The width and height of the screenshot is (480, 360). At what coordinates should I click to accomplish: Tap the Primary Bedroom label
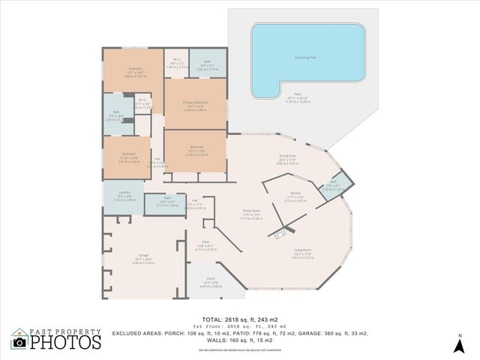pos(195,102)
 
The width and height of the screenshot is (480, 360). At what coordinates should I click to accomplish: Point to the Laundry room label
pos(124,196)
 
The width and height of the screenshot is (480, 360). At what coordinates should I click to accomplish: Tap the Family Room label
pos(250,212)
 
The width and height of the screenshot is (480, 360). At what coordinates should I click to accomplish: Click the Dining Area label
pos(288,155)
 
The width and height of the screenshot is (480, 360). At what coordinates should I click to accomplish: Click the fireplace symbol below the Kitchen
pos(280,235)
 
